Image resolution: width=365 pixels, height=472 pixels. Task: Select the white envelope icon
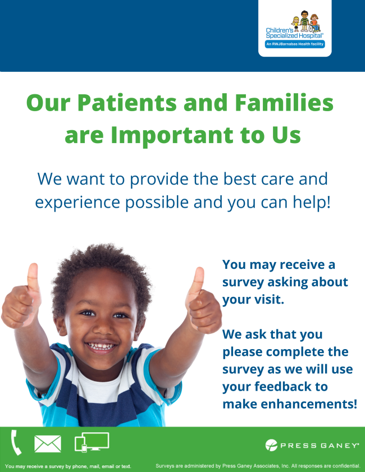point(48,444)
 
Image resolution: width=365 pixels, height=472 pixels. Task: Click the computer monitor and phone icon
point(92,442)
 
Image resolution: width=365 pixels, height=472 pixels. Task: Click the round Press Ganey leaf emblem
point(272,445)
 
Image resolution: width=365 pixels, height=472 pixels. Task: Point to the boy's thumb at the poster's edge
point(33,277)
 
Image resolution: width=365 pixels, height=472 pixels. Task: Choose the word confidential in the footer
point(341,466)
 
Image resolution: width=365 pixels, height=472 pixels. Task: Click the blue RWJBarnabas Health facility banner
point(295,44)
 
